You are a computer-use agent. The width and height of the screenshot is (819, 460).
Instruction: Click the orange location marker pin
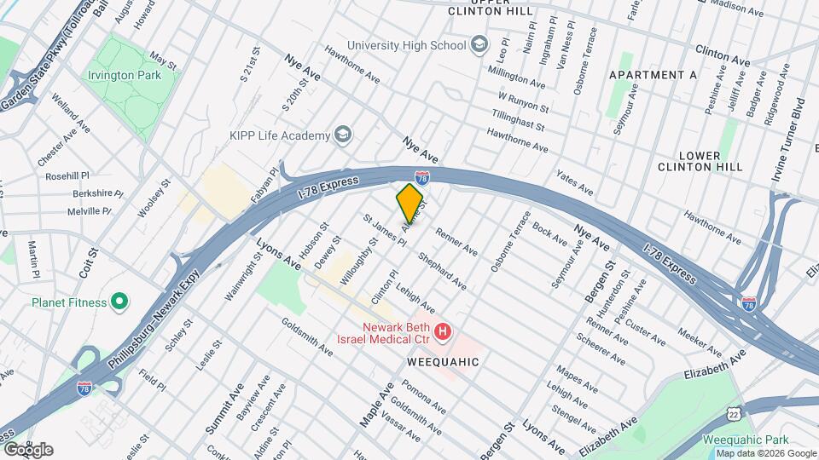pyautogui.click(x=410, y=203)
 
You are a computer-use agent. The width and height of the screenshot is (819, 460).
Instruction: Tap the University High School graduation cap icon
pyautogui.click(x=479, y=44)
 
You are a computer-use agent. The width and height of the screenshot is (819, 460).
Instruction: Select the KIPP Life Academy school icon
pyautogui.click(x=343, y=135)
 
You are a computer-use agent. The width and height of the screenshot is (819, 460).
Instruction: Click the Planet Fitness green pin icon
pyautogui.click(x=120, y=302)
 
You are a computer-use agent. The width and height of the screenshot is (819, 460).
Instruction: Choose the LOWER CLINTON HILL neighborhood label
pyautogui.click(x=712, y=162)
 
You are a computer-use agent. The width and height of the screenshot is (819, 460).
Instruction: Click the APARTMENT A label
pyautogui.click(x=653, y=75)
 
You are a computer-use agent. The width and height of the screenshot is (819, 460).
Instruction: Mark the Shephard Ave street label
pyautogui.click(x=441, y=270)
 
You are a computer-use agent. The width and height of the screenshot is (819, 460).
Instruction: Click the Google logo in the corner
pyautogui.click(x=29, y=449)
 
